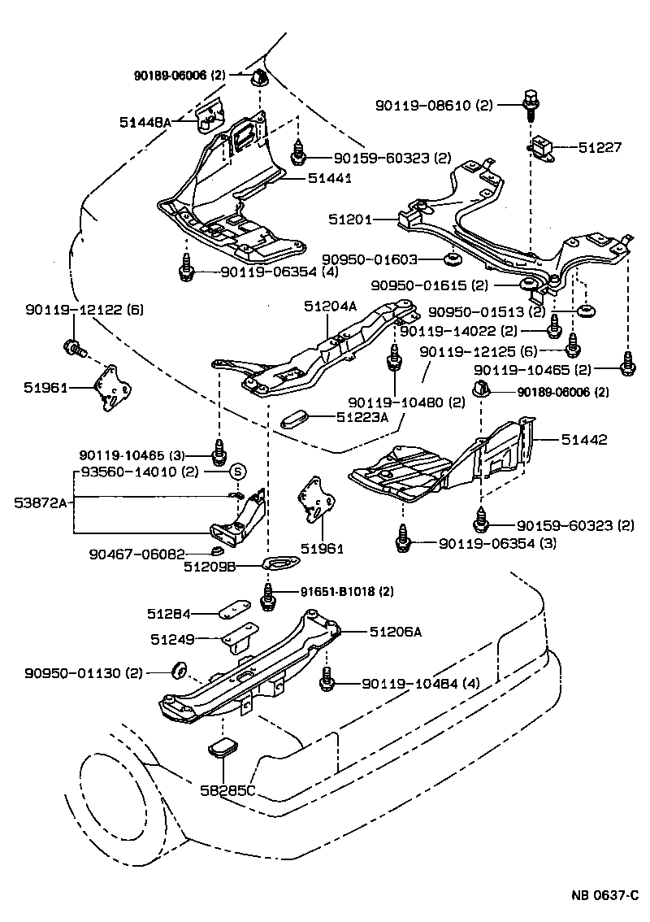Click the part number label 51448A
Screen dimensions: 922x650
145,122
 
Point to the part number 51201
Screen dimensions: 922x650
351,220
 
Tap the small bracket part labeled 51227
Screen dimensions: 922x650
543,149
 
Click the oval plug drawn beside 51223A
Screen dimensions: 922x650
293,420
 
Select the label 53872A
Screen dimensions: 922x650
39,502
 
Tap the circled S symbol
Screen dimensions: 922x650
238,471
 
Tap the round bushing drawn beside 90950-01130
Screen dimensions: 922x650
179,670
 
